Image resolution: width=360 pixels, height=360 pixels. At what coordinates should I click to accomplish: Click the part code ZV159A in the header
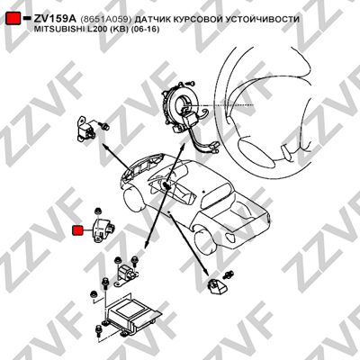click(55, 19)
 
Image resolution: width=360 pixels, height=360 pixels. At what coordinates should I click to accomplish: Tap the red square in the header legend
click(13, 19)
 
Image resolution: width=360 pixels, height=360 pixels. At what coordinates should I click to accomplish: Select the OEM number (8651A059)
click(106, 20)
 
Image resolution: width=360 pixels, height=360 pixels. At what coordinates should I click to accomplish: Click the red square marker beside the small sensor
click(78, 230)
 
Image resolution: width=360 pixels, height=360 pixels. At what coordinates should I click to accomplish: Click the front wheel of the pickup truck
click(135, 199)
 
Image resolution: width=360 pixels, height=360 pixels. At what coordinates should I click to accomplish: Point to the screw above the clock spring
click(191, 82)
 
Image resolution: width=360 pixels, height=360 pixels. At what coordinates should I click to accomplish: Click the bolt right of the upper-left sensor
click(105, 126)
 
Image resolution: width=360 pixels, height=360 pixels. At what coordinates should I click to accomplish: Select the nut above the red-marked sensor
click(97, 211)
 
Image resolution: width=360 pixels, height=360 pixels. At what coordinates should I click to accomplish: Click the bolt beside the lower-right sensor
click(229, 274)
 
